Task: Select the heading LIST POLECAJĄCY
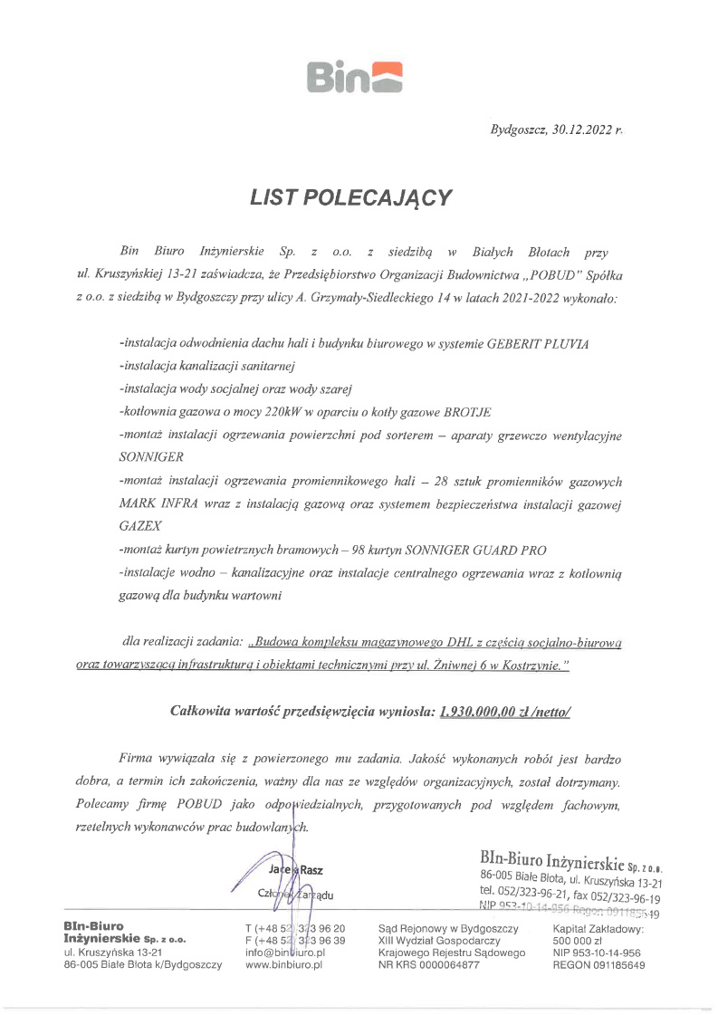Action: [350, 198]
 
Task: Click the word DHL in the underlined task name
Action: [462, 642]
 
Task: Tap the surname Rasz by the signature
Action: [311, 870]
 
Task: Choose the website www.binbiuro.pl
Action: [283, 966]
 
